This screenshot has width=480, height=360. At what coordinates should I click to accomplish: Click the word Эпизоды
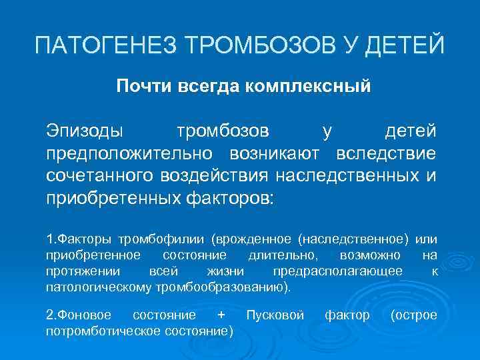[x=84, y=130]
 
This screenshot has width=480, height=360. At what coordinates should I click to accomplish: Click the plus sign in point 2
[x=222, y=315]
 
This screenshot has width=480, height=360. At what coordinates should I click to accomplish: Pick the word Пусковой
[x=275, y=315]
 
